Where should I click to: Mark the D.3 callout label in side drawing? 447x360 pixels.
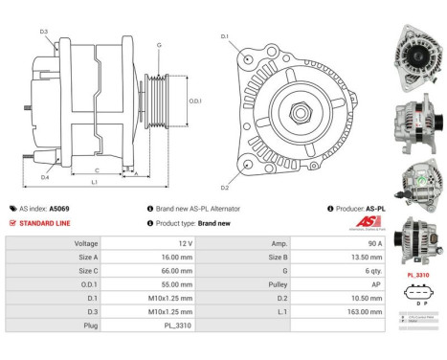tap(44, 33)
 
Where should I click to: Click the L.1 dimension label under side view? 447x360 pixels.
tap(93, 181)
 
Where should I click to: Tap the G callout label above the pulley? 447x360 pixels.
tap(159, 45)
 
